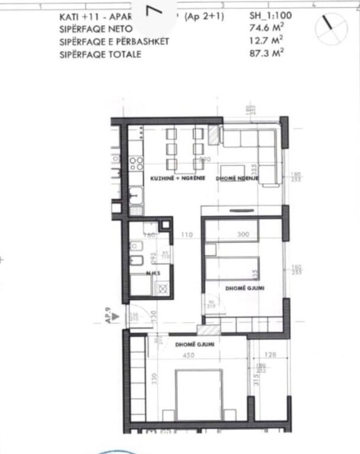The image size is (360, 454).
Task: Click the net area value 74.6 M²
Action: tap(267, 29)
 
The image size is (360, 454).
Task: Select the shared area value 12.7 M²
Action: tap(267, 41)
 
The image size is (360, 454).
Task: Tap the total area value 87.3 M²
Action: tap(267, 53)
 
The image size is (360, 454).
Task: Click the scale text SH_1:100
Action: tap(270, 17)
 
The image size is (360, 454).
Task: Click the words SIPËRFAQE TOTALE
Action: tap(100, 54)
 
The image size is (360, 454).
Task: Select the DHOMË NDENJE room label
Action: tap(238, 179)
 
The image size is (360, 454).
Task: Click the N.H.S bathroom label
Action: tap(154, 273)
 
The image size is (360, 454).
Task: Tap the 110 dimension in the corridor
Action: tap(187, 235)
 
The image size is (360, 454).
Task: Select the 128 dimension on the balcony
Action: tap(270, 355)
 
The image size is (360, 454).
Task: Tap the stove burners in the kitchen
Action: tap(137, 163)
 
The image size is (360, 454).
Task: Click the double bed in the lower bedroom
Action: tap(199, 396)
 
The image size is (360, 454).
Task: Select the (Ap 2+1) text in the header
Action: tap(205, 17)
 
